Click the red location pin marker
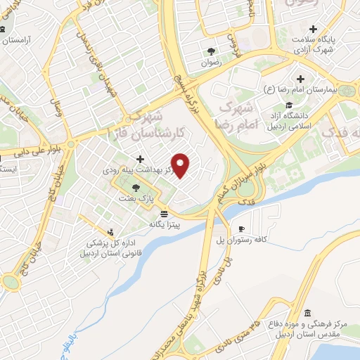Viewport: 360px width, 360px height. tap(181, 165)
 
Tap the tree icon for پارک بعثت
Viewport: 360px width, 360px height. tap(135, 187)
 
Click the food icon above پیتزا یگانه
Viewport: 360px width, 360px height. tap(164, 213)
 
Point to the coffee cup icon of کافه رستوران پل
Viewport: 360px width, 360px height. tap(241, 229)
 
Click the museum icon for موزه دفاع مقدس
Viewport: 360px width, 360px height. tap(307, 314)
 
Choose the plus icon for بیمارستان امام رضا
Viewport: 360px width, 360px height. tap(301, 79)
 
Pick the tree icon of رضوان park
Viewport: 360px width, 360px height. tap(210, 51)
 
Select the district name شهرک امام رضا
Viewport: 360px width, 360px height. tap(238, 116)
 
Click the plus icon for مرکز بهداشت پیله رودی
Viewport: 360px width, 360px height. tap(140, 159)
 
